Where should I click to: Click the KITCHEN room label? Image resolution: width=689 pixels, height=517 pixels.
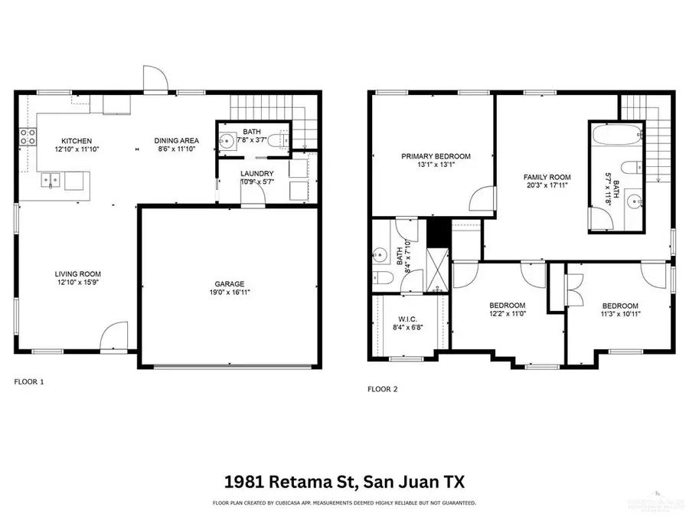pyautogui.click(x=77, y=141)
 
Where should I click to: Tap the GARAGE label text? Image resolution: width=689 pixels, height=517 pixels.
pyautogui.click(x=230, y=284)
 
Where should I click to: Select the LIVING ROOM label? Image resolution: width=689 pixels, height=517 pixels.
pyautogui.click(x=77, y=273)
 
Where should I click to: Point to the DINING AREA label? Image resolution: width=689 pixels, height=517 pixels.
pyautogui.click(x=177, y=141)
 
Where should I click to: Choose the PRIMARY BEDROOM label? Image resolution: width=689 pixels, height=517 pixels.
pyautogui.click(x=436, y=156)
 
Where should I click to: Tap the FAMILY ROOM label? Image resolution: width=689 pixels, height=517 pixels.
pyautogui.click(x=547, y=177)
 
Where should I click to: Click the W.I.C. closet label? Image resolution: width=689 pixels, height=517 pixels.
pyautogui.click(x=407, y=320)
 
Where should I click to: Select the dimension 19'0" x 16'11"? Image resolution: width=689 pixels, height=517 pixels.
pyautogui.click(x=230, y=293)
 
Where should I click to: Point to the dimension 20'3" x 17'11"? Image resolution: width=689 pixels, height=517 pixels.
pyautogui.click(x=547, y=185)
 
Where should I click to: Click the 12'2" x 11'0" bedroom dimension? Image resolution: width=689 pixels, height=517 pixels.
pyautogui.click(x=508, y=313)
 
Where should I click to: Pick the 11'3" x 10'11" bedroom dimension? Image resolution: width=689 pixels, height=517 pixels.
pyautogui.click(x=620, y=313)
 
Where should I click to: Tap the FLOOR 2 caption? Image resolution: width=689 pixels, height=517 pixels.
pyautogui.click(x=384, y=389)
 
